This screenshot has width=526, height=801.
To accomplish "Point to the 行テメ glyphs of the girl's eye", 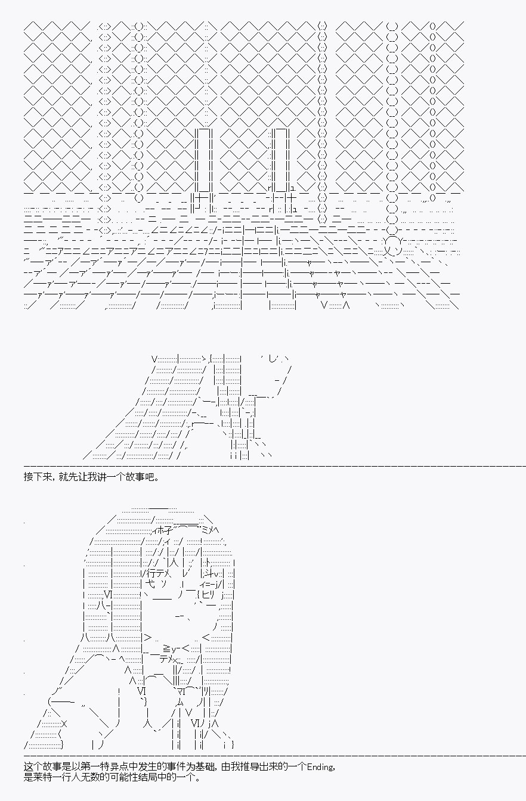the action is (158, 573).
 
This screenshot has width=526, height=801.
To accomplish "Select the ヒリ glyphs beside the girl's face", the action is (208, 595).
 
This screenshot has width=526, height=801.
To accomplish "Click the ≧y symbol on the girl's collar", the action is (169, 648).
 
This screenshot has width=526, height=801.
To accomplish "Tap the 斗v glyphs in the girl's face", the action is (212, 573).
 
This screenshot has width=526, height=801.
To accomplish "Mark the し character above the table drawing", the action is (273, 358).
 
